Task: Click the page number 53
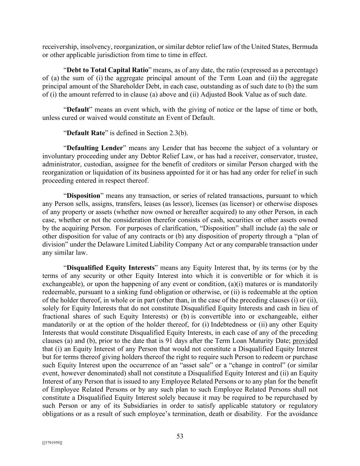[x=180, y=436]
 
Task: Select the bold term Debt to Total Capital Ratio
[x=107, y=70]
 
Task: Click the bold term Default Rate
[x=86, y=133]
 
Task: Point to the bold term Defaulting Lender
[x=95, y=148]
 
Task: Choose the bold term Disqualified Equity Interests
[x=111, y=268]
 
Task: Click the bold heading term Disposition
[x=84, y=196]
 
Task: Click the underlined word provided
[x=305, y=341]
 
